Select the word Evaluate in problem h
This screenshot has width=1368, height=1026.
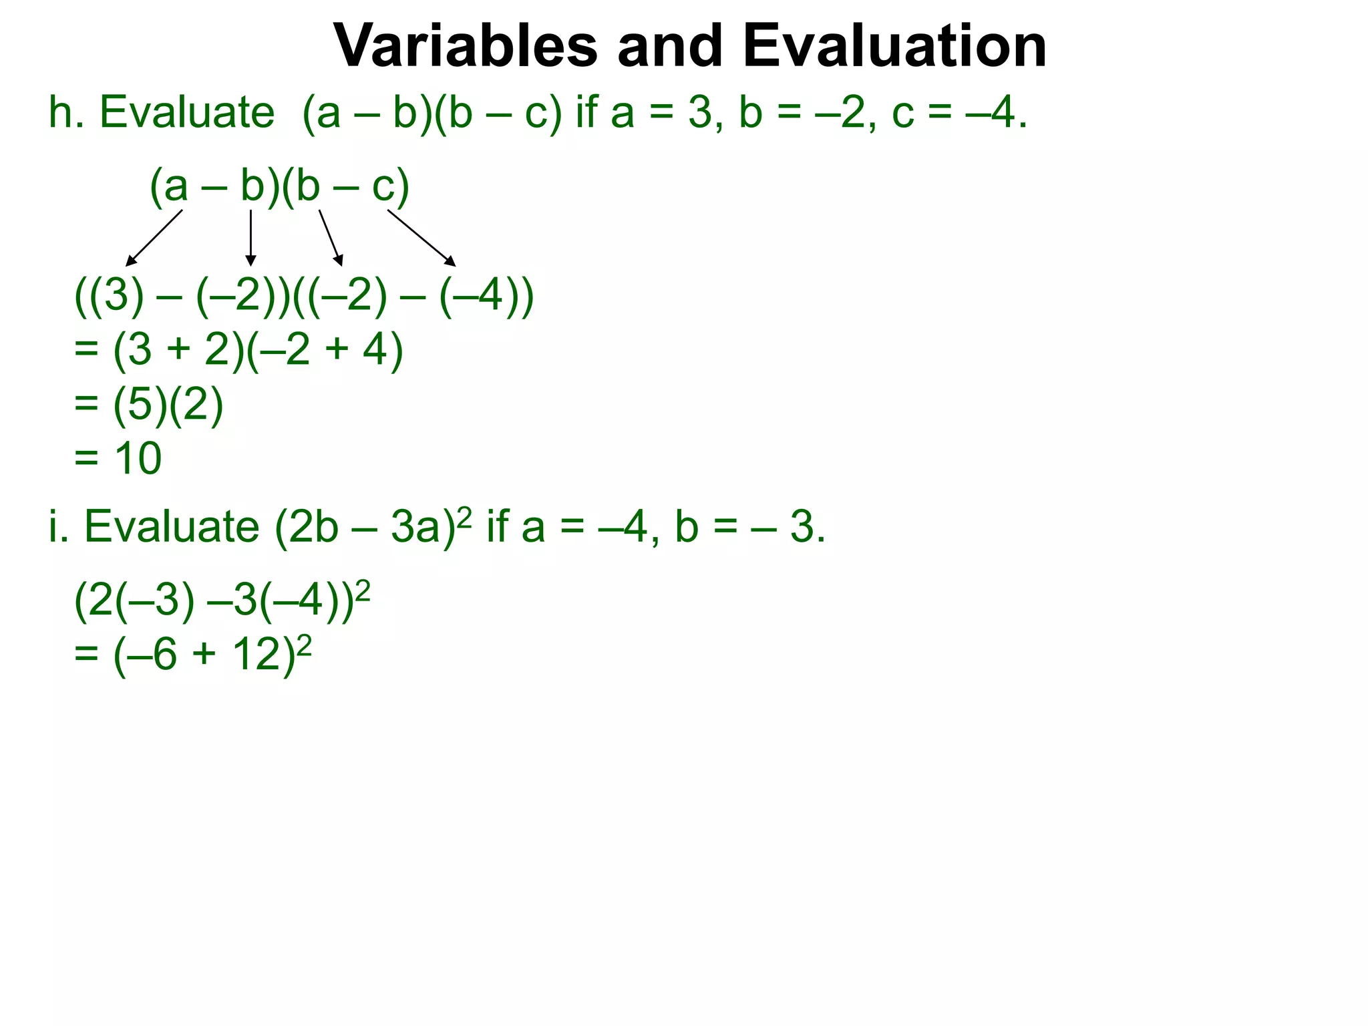187,112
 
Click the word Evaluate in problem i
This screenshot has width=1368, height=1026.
172,526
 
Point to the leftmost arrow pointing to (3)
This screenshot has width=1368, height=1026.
154,238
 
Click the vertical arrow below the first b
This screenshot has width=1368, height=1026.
250,238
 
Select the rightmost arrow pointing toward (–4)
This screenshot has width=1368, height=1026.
421,238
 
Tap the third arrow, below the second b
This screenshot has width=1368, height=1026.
331,238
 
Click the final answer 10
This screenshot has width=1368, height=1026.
138,458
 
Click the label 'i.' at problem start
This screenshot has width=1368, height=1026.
59,526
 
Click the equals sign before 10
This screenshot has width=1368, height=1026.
86,458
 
